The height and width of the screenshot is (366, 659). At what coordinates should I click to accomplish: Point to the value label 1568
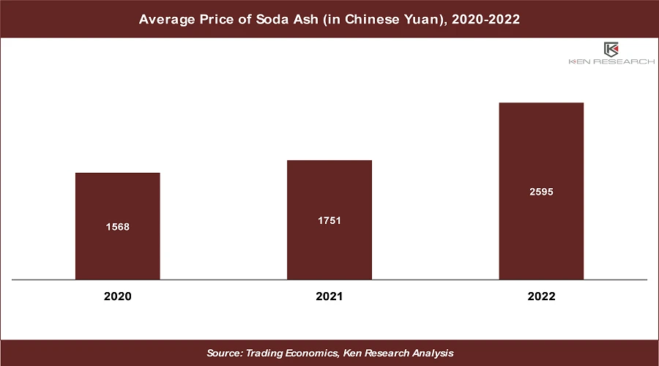click(117, 227)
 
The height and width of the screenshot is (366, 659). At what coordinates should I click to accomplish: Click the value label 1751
click(329, 220)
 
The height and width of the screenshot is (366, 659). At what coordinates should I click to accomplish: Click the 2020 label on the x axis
click(117, 296)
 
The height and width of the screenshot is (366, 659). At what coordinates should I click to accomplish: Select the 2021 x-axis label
click(329, 296)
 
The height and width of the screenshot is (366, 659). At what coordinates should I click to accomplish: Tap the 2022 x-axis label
click(541, 296)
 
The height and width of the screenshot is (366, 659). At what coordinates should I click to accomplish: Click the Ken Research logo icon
click(611, 50)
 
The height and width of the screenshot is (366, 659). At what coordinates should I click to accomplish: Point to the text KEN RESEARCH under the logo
click(611, 62)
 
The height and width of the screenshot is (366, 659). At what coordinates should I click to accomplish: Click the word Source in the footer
click(224, 353)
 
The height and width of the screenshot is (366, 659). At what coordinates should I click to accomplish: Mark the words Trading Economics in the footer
click(292, 353)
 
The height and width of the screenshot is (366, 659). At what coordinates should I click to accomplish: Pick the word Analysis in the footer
click(431, 353)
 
